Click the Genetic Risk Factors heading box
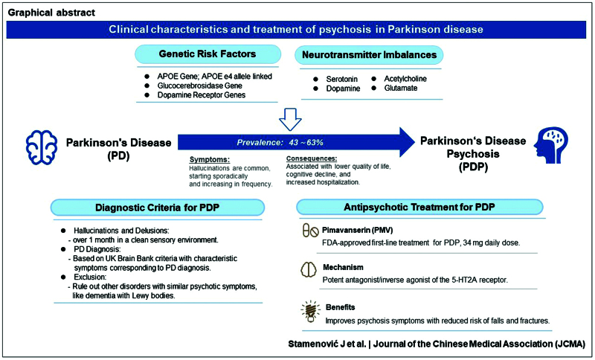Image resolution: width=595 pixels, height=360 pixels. [208, 54]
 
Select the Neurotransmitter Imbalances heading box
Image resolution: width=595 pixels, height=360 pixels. [369, 55]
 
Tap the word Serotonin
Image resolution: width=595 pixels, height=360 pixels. [342, 80]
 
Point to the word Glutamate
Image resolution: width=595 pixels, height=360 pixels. [401, 89]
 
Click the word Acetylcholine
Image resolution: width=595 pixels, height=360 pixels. [405, 79]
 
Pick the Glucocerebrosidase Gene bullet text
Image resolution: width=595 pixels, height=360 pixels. [199, 86]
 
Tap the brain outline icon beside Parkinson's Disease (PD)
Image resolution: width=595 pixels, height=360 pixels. [42, 147]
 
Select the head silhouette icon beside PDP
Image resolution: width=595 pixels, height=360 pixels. [551, 145]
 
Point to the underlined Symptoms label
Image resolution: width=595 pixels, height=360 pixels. [210, 160]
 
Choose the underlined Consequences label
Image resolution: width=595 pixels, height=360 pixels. [312, 158]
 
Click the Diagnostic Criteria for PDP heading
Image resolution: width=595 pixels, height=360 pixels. [158, 208]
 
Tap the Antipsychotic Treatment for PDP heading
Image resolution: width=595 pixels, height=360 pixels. [419, 207]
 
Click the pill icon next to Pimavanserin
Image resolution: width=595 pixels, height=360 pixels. [310, 231]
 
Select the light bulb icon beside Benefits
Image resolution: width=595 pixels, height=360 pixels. [310, 312]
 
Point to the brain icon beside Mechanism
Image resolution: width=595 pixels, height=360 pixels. [308, 270]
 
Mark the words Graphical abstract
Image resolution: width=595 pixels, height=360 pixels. [51, 13]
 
